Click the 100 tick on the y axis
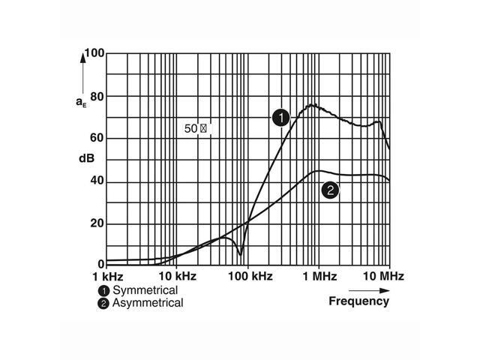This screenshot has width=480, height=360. coord(94,54)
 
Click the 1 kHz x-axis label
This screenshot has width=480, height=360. coord(106,276)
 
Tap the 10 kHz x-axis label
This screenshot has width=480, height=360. coord(176,276)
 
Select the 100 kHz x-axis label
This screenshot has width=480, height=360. coord(248,276)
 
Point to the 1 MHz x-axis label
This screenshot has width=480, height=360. coord(319,276)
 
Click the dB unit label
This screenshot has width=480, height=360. coord(85,159)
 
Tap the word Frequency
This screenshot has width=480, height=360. coord(359,301)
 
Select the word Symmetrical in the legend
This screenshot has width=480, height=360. coord(144,290)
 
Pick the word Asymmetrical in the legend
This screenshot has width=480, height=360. coord(148,303)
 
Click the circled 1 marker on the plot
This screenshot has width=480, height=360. coord(280,118)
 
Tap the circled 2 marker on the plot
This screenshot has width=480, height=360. coord(329,190)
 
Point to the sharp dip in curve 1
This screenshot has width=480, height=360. coord(240,254)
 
